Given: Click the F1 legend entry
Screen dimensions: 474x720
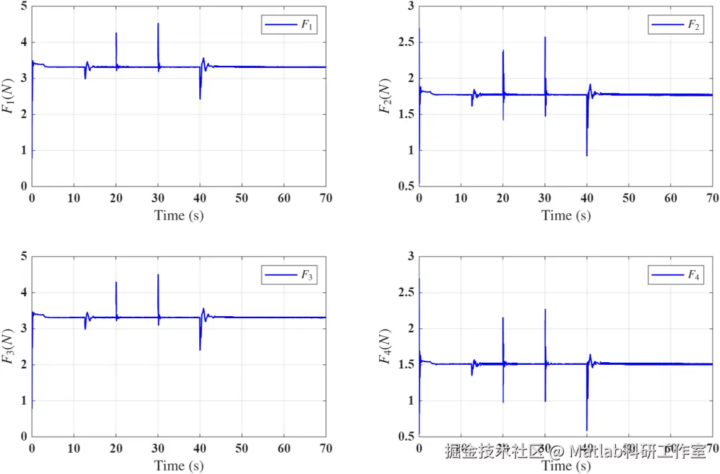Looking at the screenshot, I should [x=288, y=25].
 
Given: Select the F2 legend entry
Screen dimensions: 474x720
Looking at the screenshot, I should [x=675, y=25].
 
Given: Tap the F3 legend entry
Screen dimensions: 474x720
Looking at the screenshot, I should [x=288, y=275].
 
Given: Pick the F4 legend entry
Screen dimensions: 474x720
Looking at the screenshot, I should [x=675, y=275].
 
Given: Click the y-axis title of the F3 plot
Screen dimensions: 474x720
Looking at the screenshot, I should [x=9, y=346].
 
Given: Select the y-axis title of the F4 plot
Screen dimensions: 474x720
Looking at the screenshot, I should [x=385, y=346].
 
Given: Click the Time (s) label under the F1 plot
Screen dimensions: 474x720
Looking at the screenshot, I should [x=179, y=215].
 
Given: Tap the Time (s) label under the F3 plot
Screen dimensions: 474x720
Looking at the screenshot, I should [x=179, y=465].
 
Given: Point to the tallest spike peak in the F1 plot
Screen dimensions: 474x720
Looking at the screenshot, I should [x=158, y=24].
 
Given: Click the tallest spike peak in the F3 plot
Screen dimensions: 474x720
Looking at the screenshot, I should [x=158, y=274].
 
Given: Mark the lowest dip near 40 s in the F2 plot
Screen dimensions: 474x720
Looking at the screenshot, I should [x=587, y=155].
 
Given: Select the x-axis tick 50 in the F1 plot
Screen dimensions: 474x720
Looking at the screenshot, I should [x=242, y=198].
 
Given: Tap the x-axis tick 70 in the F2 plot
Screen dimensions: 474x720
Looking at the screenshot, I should [x=713, y=198].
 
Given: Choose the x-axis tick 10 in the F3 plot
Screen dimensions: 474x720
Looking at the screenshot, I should [x=74, y=448].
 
